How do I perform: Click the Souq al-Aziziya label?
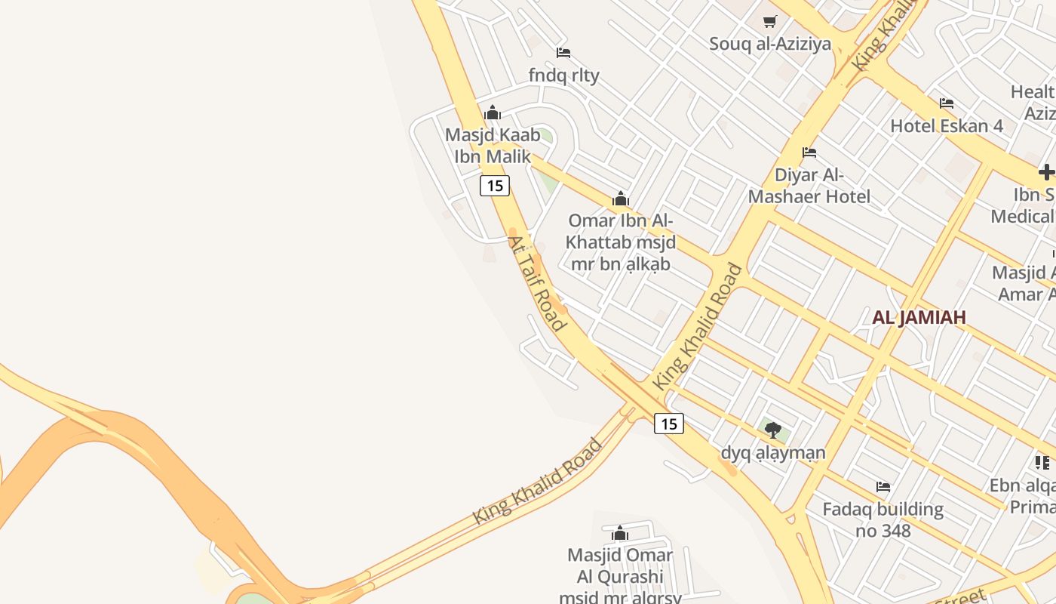point(769,44)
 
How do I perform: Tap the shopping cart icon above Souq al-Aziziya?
point(769,22)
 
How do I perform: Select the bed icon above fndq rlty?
point(563,53)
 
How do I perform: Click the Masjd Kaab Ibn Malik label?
point(493,146)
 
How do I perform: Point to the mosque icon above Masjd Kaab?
point(493,113)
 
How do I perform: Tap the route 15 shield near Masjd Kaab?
point(495,186)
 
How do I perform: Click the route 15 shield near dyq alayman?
point(669,424)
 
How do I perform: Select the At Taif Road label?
point(536,283)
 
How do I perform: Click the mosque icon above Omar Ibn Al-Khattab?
point(621,199)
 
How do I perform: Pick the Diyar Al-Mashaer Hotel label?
point(809,186)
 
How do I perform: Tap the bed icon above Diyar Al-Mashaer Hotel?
point(809,153)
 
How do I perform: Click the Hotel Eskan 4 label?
point(947,125)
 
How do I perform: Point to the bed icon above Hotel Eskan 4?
point(947,103)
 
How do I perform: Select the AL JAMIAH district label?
point(919,317)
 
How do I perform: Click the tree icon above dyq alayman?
point(772,430)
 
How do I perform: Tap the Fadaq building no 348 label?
point(883,519)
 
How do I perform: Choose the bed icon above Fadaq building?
point(883,487)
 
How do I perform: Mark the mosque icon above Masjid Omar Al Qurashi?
point(620,534)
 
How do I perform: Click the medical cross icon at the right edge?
point(1046,172)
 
